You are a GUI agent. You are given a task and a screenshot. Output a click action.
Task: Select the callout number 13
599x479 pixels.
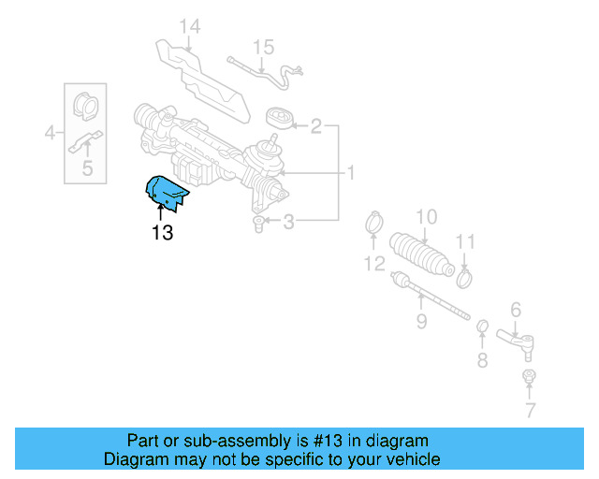(162, 233)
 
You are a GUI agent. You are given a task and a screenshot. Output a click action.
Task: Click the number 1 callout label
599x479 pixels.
(351, 173)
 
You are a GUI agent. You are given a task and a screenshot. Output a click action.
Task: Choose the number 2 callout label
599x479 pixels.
(316, 125)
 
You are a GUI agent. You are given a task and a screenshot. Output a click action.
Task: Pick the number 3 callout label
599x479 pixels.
(289, 222)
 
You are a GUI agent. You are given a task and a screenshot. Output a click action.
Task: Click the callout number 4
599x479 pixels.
(51, 134)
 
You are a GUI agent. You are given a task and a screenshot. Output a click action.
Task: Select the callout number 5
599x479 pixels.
(87, 168)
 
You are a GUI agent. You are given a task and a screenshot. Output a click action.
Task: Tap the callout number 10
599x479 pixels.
(426, 217)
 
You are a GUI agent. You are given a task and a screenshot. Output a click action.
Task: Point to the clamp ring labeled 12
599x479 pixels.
(373, 225)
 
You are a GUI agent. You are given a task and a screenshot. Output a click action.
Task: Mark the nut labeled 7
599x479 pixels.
(529, 378)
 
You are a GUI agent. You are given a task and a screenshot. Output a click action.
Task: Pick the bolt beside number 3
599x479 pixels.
(260, 223)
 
